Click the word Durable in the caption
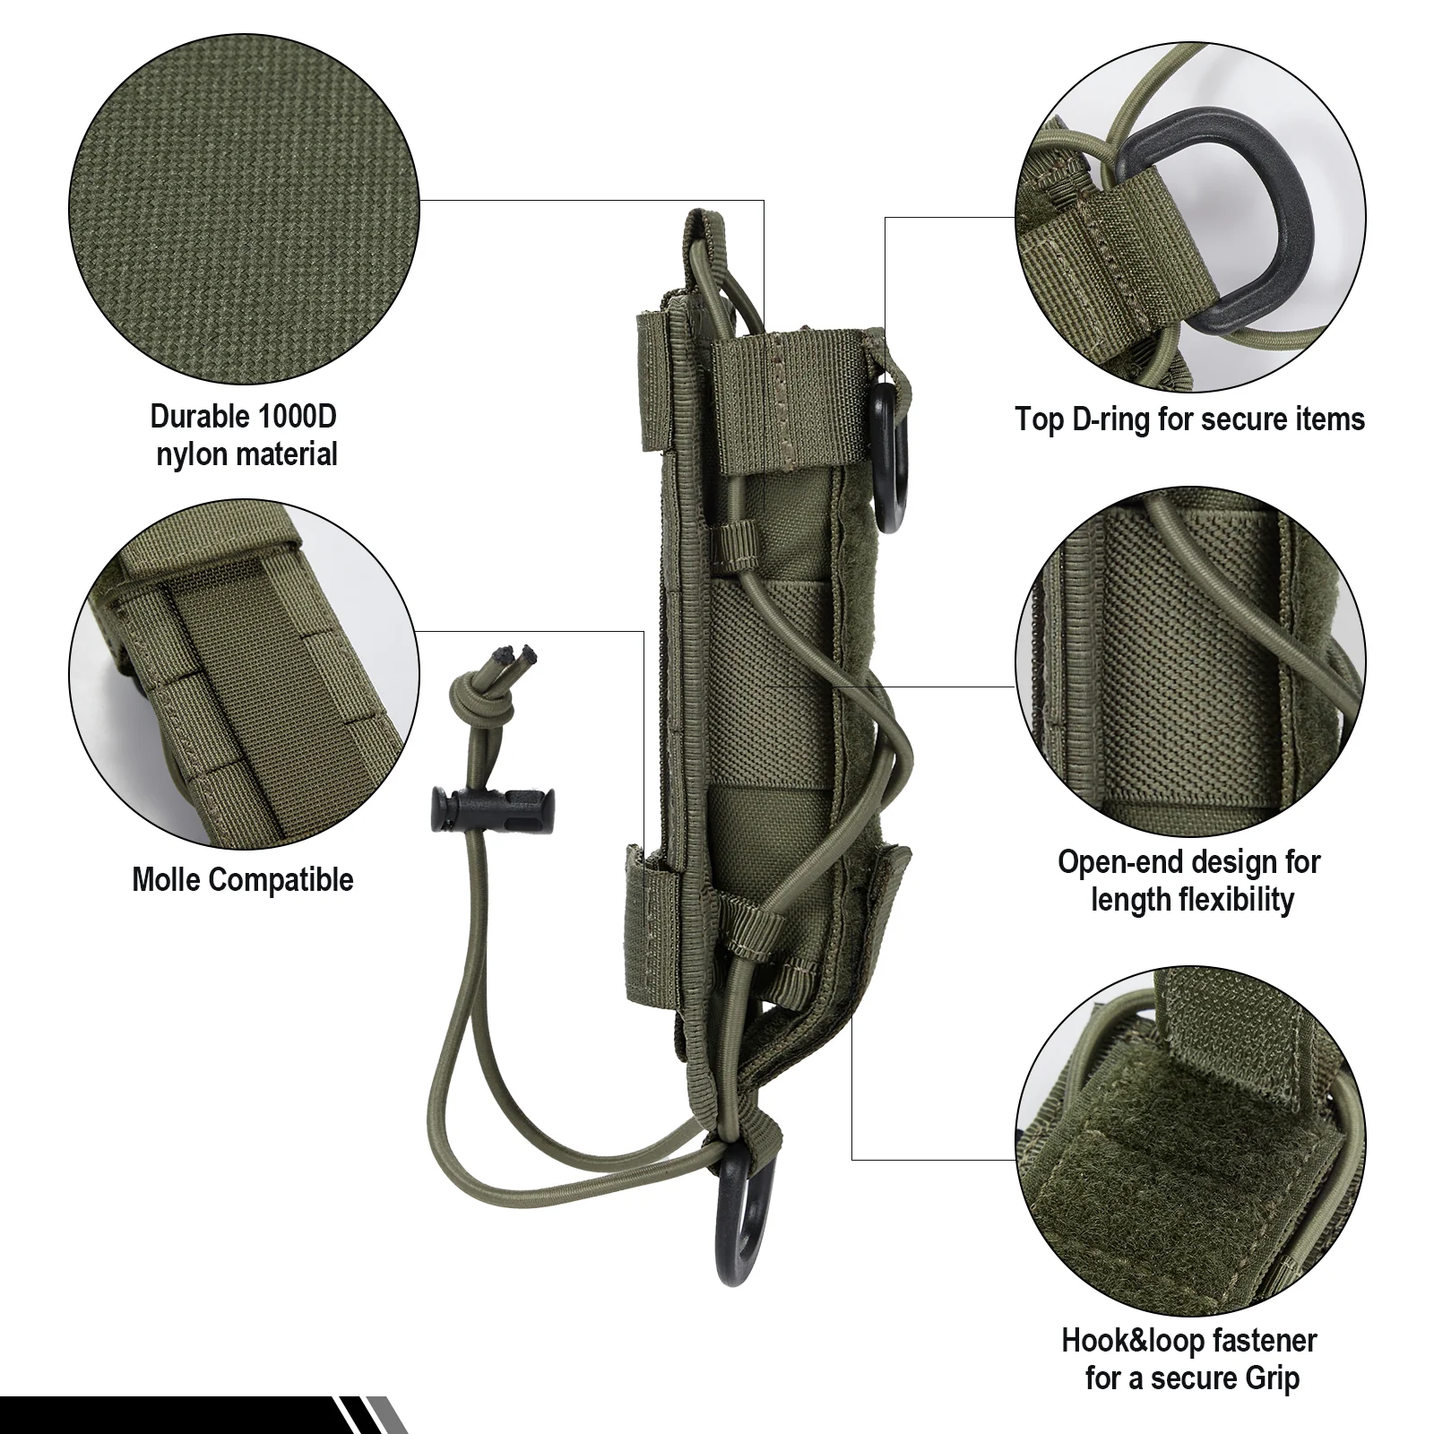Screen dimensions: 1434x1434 [199, 417]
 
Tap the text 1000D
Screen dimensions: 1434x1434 [296, 417]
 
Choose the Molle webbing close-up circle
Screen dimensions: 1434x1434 [244, 674]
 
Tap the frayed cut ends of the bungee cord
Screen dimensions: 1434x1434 [518, 658]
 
